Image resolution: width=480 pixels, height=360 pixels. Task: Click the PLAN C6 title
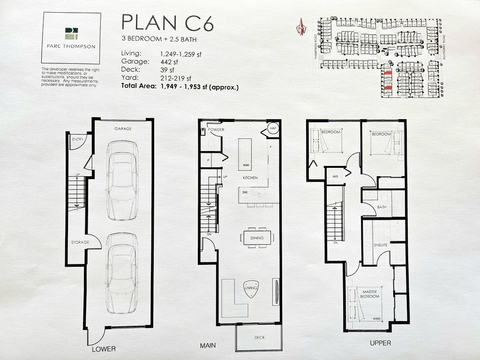(x=167, y=22)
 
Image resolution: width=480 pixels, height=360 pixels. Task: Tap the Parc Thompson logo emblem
(x=71, y=33)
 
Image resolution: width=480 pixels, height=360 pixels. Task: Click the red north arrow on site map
(x=300, y=26)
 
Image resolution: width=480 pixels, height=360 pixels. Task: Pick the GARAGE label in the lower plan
(x=123, y=128)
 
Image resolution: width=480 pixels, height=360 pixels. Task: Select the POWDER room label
(x=216, y=129)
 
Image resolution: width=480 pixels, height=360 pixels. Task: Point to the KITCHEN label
(x=250, y=178)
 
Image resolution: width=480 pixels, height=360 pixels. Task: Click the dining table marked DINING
(x=257, y=238)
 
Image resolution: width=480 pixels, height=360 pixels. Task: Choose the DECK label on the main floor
(x=260, y=337)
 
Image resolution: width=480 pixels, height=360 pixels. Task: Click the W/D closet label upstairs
(x=335, y=176)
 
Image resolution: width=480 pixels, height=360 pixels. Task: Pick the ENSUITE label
(x=380, y=245)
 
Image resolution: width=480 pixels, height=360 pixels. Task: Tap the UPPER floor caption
(x=380, y=343)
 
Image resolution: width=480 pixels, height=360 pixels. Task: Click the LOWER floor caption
(x=103, y=349)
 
